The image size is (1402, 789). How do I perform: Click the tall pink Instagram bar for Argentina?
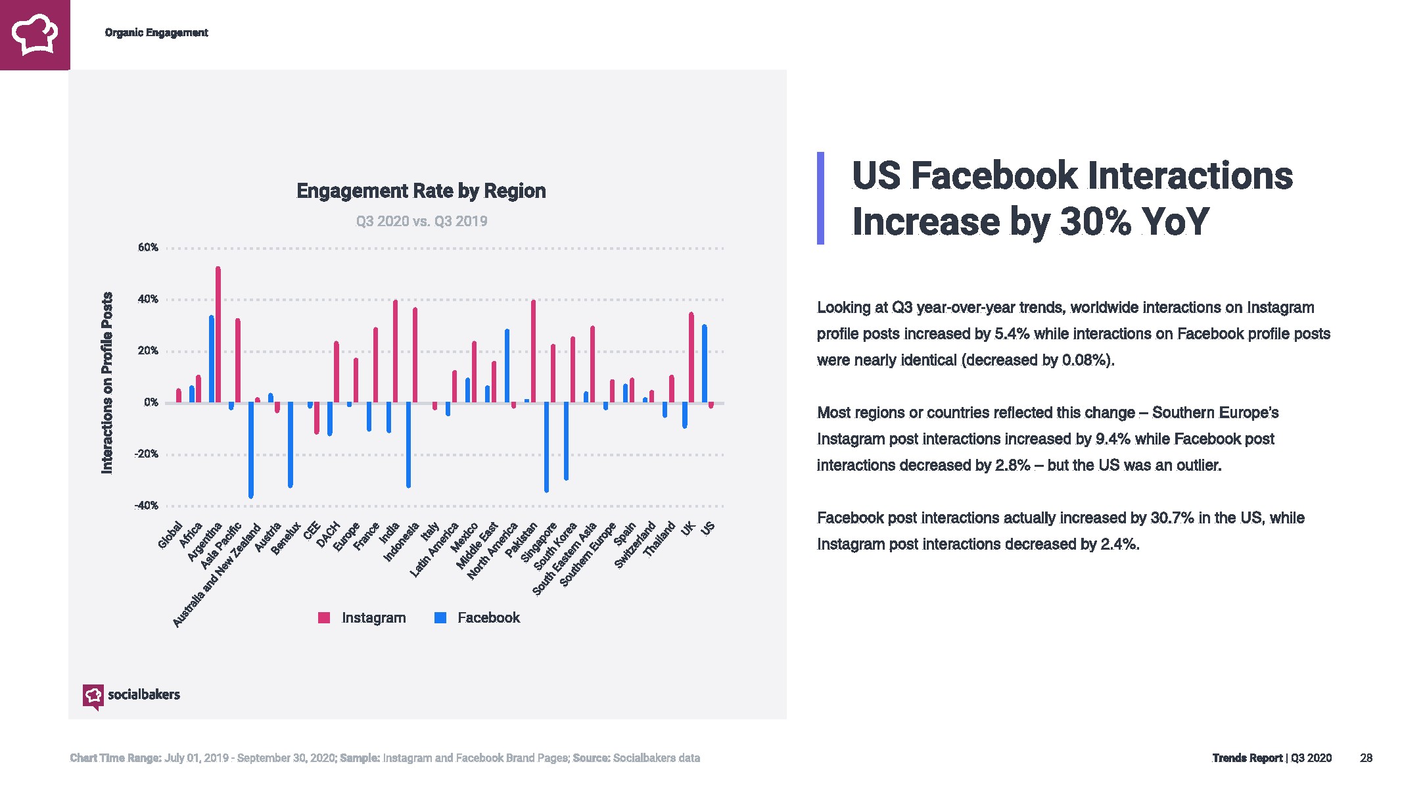218,335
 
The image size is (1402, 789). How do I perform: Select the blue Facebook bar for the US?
704,364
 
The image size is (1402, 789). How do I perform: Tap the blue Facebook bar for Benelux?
291,444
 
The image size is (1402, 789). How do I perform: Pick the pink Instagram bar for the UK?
691,358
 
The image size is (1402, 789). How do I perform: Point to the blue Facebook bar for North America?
507,366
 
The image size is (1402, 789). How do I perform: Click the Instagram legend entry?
362,618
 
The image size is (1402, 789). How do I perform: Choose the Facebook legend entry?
477,618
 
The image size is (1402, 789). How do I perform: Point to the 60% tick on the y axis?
149,248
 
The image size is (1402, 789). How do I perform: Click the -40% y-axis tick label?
147,506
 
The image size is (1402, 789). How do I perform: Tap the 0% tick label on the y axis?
151,402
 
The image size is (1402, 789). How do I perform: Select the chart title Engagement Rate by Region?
421,191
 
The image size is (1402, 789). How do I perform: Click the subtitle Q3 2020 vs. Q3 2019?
421,222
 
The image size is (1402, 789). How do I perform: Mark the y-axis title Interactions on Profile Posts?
106,383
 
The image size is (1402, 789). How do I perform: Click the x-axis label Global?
170,535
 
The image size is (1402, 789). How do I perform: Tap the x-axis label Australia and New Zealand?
217,575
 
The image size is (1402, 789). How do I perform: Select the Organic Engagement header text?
156,33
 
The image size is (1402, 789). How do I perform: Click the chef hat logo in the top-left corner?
35,34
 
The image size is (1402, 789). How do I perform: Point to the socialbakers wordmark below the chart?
143,695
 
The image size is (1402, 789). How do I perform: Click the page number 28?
1366,758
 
